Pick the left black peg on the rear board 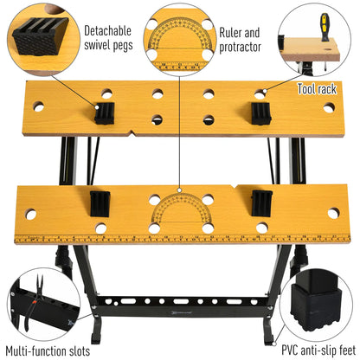[x=105, y=112]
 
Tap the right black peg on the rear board [x=259, y=112]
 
